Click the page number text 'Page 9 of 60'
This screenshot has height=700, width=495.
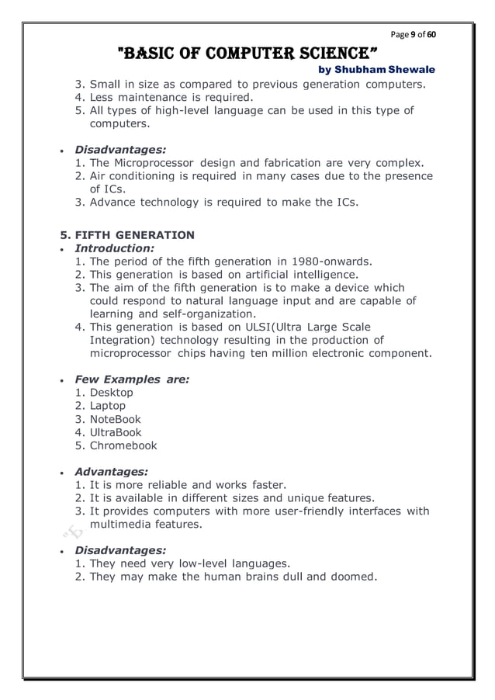413,35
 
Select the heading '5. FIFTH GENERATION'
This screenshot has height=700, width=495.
127,235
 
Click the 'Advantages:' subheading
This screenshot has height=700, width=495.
111,471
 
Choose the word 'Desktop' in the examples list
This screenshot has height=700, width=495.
112,393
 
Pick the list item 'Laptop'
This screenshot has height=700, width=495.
108,406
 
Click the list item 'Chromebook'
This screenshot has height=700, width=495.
123,445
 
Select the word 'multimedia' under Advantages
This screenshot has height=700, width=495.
119,525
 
